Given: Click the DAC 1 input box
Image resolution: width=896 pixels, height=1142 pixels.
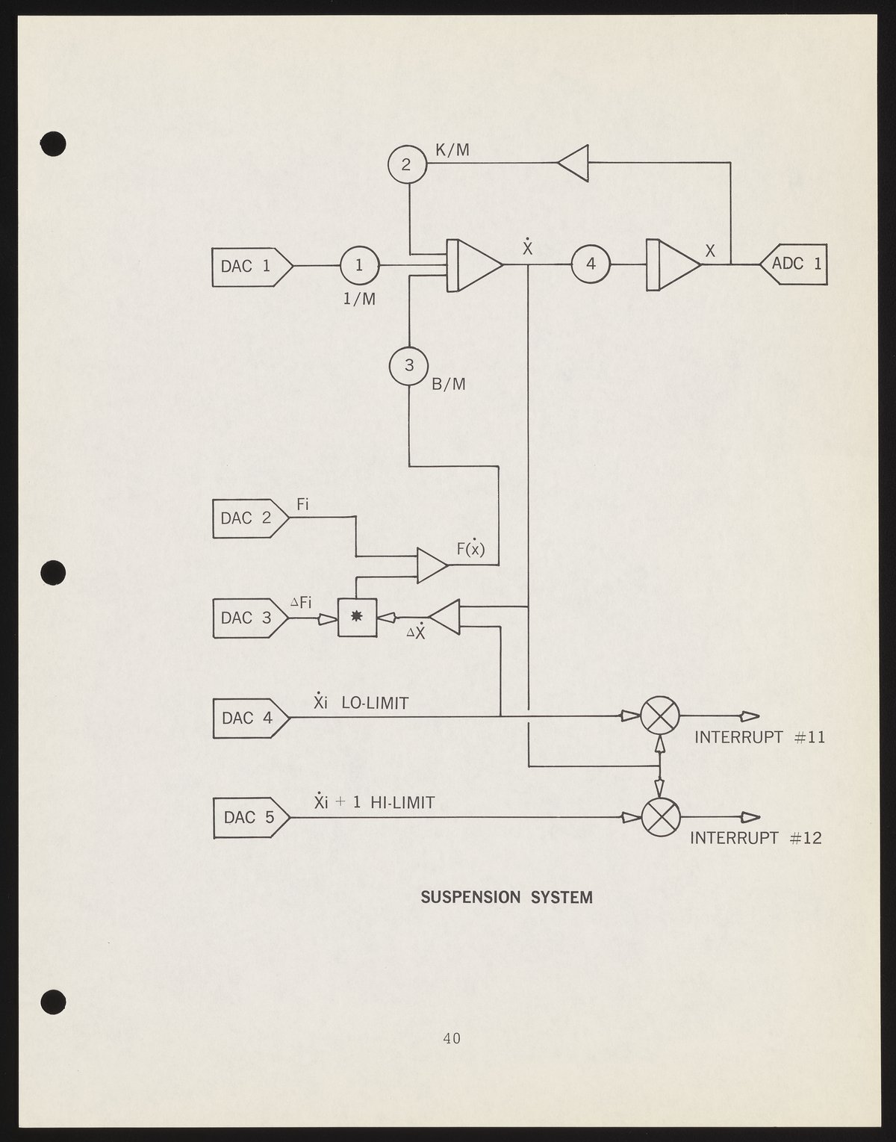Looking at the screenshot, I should click(251, 265).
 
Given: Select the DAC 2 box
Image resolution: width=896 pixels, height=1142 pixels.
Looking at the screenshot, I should click(249, 518).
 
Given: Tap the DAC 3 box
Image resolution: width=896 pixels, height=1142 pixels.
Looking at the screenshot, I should click(249, 618).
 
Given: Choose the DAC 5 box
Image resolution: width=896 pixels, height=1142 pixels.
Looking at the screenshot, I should click(250, 817).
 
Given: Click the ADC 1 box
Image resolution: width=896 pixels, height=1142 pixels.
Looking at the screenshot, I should click(795, 264).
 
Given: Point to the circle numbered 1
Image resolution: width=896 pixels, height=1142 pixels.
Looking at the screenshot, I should click(360, 265).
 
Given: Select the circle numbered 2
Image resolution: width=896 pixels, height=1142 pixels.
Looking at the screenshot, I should click(407, 164).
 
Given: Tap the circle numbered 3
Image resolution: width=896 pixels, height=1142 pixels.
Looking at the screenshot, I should click(408, 365).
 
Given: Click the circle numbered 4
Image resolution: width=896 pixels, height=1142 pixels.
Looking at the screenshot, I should click(591, 264).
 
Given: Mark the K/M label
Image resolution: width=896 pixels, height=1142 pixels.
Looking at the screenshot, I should click(452, 150).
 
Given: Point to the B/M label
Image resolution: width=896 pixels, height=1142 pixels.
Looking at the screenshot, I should click(449, 384).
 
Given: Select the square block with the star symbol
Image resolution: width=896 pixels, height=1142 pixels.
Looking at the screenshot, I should click(358, 617).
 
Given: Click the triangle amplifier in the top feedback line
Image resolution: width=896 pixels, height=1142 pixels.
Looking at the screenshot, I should click(574, 162).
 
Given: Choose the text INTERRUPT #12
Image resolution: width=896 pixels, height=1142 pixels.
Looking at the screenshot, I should click(755, 838).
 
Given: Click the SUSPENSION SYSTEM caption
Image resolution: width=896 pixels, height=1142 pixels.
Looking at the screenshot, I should click(507, 897).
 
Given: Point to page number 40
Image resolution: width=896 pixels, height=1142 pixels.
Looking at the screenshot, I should click(451, 1037).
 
